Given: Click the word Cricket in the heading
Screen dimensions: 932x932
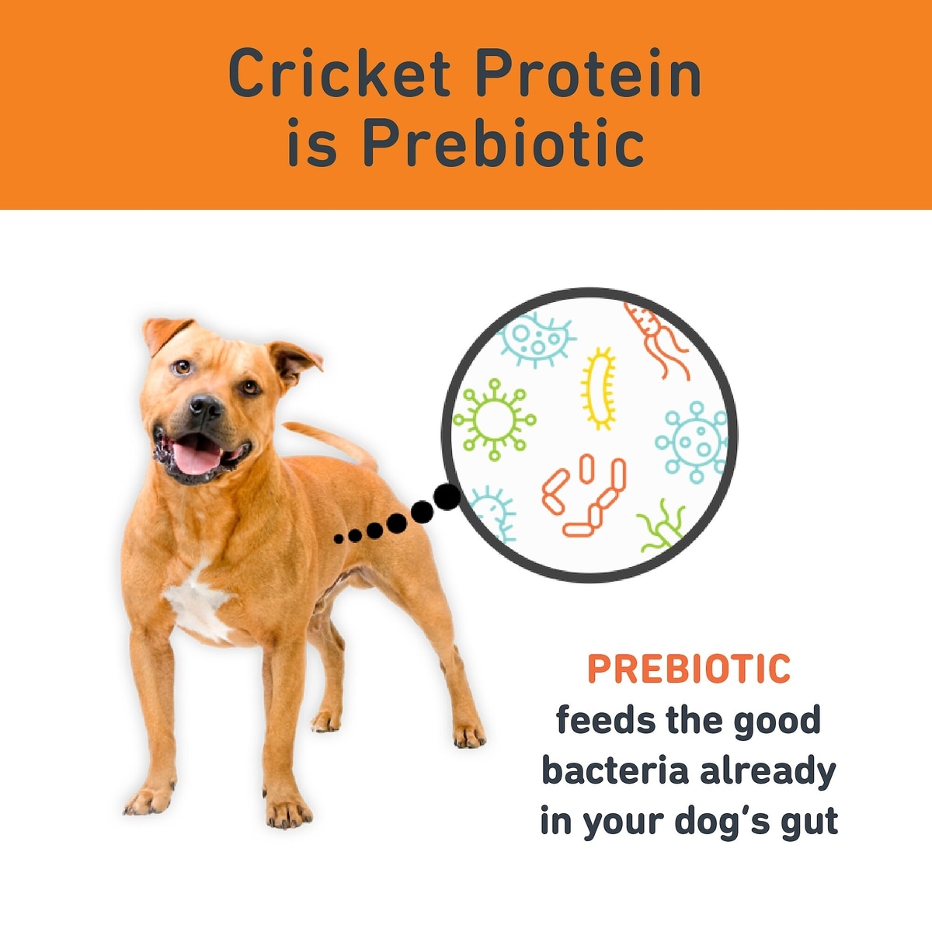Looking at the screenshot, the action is click(x=339, y=72).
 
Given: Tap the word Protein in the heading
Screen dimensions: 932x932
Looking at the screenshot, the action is click(x=589, y=72).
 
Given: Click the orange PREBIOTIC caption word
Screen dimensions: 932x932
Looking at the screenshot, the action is click(x=689, y=669).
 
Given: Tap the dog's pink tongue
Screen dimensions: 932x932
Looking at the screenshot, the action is click(x=196, y=457).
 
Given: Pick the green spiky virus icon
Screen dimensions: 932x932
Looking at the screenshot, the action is click(x=494, y=419).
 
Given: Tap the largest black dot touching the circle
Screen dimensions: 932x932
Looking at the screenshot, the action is click(x=446, y=496).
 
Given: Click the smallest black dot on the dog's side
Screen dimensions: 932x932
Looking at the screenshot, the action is click(x=339, y=537).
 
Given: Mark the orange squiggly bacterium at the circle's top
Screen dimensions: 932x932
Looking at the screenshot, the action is click(x=658, y=339).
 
